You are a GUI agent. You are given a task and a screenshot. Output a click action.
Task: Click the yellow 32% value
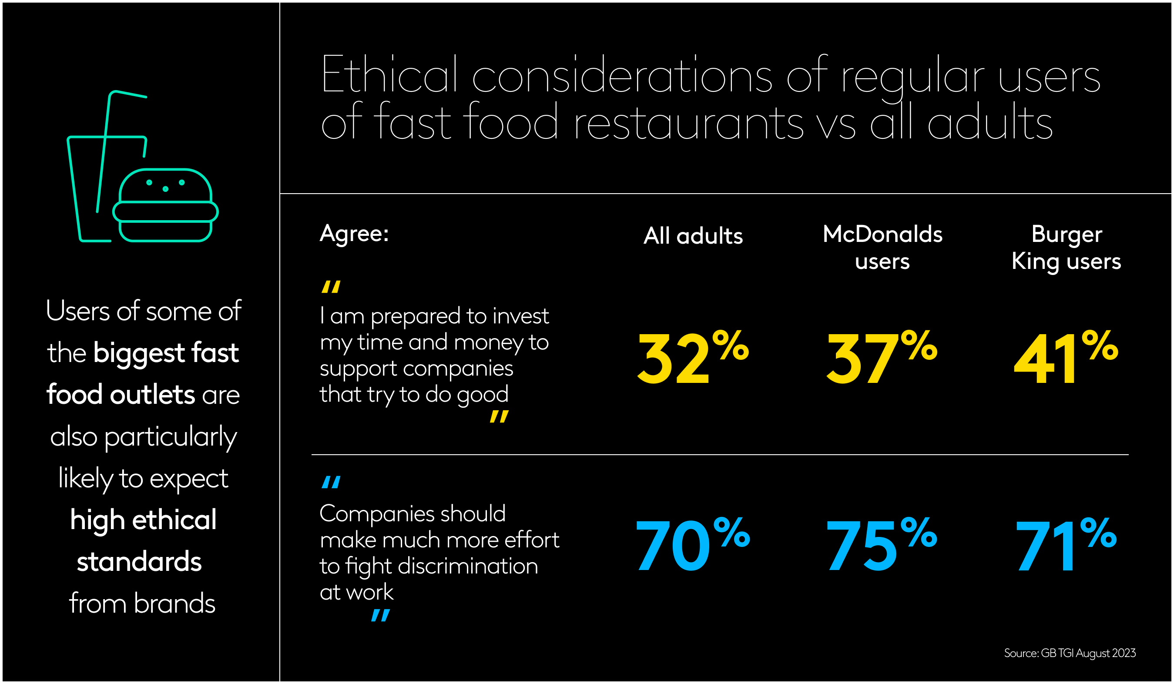(x=692, y=358)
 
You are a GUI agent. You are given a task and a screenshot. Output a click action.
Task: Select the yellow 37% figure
(x=881, y=358)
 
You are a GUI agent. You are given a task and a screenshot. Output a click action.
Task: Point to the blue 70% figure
(x=692, y=545)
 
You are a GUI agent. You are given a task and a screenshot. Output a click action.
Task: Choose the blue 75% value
(x=881, y=545)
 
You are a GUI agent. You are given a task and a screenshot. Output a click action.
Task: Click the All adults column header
(x=693, y=236)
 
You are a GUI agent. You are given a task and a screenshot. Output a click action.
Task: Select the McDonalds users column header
(x=882, y=248)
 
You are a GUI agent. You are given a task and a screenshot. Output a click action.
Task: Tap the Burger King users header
(x=1066, y=248)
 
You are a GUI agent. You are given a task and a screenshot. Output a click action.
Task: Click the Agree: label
(x=354, y=233)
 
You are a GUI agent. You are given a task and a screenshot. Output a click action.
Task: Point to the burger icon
(x=165, y=205)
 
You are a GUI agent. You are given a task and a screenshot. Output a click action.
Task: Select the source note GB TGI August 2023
(x=1070, y=653)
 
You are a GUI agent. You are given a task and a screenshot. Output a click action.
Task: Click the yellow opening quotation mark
(x=331, y=287)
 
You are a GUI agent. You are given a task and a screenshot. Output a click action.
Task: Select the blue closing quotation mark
(x=380, y=616)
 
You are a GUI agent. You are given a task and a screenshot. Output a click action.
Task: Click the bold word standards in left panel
(x=139, y=561)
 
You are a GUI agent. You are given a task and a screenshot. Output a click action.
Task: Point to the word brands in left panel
(x=174, y=604)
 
